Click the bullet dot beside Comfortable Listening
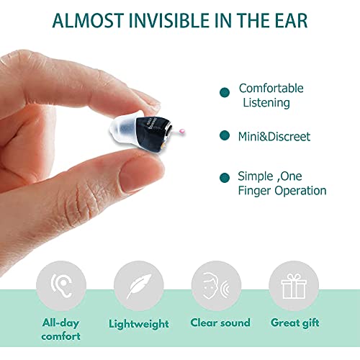coord(225,91)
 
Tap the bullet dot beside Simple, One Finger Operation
coord(225,177)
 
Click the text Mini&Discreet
coord(274,136)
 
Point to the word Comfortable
coord(271,89)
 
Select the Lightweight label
coord(139,324)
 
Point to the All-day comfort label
coord(61,330)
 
